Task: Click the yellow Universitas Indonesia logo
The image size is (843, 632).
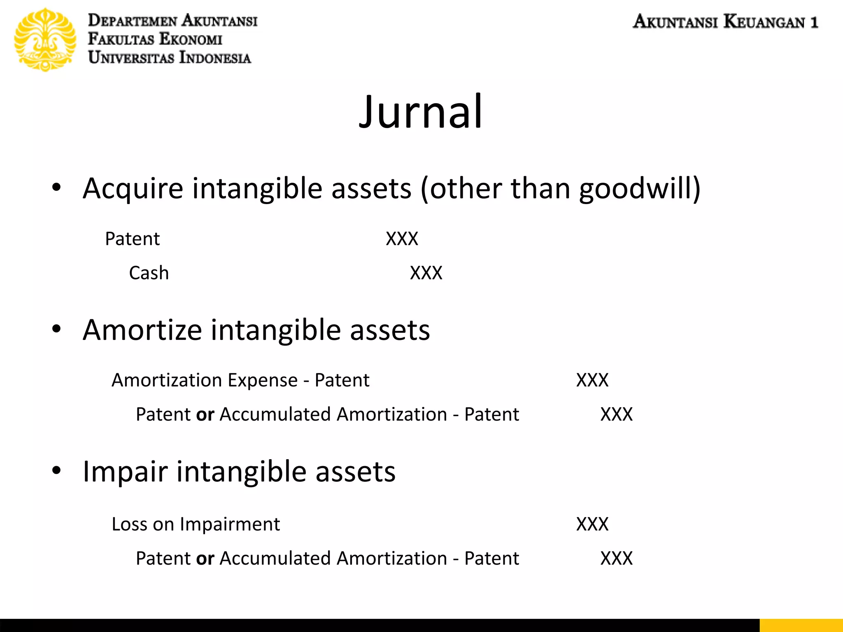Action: [x=45, y=40]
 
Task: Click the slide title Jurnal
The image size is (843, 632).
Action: [x=421, y=112]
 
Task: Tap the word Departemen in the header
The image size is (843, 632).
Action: [x=133, y=21]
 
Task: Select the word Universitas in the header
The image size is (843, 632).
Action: [x=131, y=58]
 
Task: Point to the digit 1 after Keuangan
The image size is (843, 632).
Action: [x=814, y=22]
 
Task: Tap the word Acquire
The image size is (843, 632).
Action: [x=133, y=188]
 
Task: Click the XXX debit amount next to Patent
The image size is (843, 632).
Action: [x=402, y=239]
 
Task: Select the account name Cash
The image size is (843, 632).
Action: [x=149, y=273]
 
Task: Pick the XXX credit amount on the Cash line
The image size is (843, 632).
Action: [x=426, y=273]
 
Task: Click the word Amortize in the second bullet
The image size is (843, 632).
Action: [x=142, y=330]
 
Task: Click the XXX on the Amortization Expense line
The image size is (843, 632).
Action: [x=592, y=380]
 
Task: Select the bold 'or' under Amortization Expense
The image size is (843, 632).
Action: [x=205, y=415]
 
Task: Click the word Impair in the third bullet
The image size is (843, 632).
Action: [x=125, y=472]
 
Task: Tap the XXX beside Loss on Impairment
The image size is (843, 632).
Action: [x=592, y=524]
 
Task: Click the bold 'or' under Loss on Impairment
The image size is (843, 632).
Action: [x=205, y=559]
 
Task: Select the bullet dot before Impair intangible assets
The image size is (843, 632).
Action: [x=56, y=470]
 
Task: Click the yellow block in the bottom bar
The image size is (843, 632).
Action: [x=801, y=625]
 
